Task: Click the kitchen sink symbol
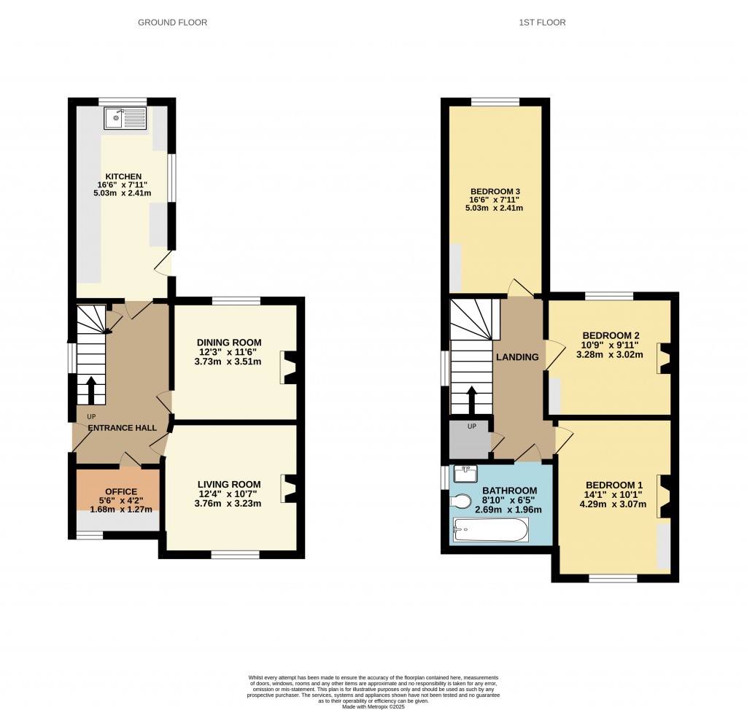[x=125, y=118]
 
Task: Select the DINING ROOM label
[x=228, y=343]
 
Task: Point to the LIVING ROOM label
[x=229, y=484]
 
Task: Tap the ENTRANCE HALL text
[x=123, y=427]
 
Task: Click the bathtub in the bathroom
[x=489, y=529]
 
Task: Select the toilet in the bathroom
[x=461, y=502]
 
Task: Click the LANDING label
[x=517, y=357]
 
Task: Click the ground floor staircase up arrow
[x=91, y=390]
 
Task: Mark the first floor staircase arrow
[x=471, y=400]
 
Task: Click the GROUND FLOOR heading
[x=173, y=23]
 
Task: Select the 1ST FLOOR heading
[x=542, y=23]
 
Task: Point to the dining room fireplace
[x=289, y=367]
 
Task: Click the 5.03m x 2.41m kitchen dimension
[x=123, y=193]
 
